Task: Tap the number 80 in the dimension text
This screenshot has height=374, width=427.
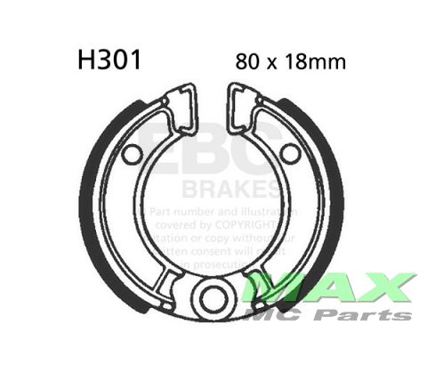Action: [x=248, y=63]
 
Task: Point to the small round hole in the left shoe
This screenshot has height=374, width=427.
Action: [x=132, y=155]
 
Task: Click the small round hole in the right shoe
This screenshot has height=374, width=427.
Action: [x=290, y=154]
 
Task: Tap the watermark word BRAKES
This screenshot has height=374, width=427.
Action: [x=229, y=189]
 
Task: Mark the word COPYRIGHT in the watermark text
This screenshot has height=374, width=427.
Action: [x=267, y=226]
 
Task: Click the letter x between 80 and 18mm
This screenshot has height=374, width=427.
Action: [x=270, y=64]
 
